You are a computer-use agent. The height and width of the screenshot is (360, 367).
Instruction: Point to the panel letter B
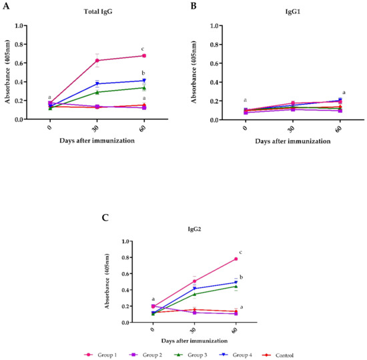[x=194, y=5]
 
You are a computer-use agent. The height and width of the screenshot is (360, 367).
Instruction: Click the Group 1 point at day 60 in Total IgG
[x=144, y=56]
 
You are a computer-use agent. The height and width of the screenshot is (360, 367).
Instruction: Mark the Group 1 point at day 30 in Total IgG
[x=97, y=61]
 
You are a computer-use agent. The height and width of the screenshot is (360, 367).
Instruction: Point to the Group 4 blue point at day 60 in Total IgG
[x=144, y=81]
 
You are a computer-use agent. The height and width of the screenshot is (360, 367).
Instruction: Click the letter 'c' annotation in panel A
[x=144, y=48]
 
